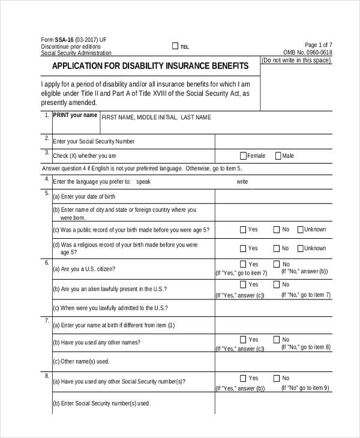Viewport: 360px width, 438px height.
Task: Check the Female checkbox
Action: [242, 156]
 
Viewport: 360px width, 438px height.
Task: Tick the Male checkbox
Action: [278, 156]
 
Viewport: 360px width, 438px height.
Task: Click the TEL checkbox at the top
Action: [175, 46]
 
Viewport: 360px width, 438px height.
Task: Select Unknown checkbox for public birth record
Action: [299, 229]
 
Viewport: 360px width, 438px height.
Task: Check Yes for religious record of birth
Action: [243, 248]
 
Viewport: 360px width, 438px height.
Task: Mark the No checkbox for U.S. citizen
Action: [277, 264]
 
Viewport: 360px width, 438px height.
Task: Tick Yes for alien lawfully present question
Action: [243, 284]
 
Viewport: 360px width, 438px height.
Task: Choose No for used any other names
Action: [277, 340]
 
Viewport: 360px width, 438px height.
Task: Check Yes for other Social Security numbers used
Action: [243, 379]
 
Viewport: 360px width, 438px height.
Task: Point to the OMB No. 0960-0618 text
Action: [308, 52]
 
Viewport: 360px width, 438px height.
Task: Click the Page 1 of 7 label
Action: [319, 45]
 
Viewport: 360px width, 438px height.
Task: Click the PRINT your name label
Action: [74, 115]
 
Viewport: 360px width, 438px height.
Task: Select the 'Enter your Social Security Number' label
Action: [94, 142]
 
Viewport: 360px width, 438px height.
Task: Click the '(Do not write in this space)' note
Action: [296, 61]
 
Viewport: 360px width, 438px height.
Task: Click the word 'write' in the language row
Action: [242, 181]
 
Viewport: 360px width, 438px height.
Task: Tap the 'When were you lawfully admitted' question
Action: [110, 308]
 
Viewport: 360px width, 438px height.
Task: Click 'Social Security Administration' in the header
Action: [76, 53]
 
